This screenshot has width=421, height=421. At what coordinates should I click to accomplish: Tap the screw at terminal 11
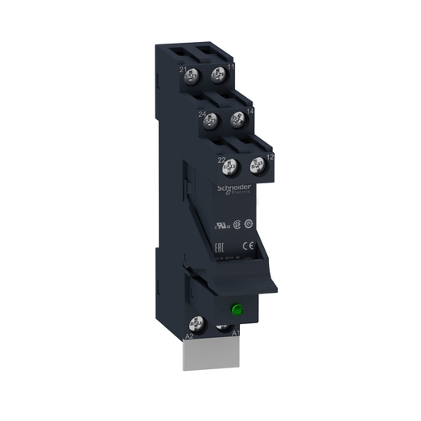point(218,75)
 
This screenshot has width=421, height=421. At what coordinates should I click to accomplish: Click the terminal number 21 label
point(183,69)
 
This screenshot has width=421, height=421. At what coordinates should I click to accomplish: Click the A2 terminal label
point(188,336)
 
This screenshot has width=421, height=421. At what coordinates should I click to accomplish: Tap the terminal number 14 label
point(249,110)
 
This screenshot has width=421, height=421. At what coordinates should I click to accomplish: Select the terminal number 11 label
point(231,66)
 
